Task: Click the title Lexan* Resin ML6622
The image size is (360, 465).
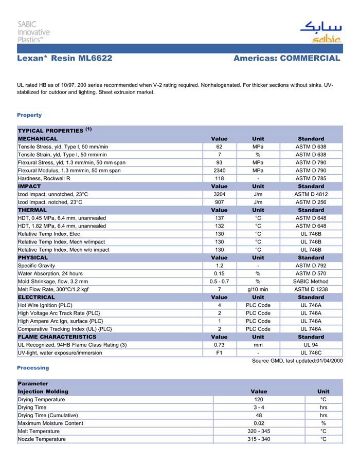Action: (x=65, y=58)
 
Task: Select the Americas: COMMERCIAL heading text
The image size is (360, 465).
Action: (x=286, y=58)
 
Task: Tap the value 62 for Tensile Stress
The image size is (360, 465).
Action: (x=219, y=146)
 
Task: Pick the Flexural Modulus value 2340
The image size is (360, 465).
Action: (x=219, y=170)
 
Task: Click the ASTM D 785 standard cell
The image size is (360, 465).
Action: (x=311, y=178)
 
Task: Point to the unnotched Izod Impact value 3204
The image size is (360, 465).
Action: (x=219, y=194)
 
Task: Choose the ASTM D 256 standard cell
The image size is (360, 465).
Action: (x=311, y=202)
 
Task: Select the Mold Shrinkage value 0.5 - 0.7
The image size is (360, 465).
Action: (x=219, y=282)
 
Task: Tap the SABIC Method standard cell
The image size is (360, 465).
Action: (x=311, y=282)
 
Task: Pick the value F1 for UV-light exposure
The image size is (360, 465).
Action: (x=219, y=353)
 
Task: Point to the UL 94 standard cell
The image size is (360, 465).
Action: (x=311, y=345)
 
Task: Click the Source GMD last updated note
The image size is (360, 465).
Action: (x=297, y=361)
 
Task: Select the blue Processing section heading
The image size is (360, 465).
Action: (x=33, y=368)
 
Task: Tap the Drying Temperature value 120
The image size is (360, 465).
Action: (x=259, y=399)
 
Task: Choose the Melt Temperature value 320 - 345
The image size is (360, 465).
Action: (x=259, y=431)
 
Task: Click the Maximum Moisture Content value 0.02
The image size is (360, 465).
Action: (x=259, y=423)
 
